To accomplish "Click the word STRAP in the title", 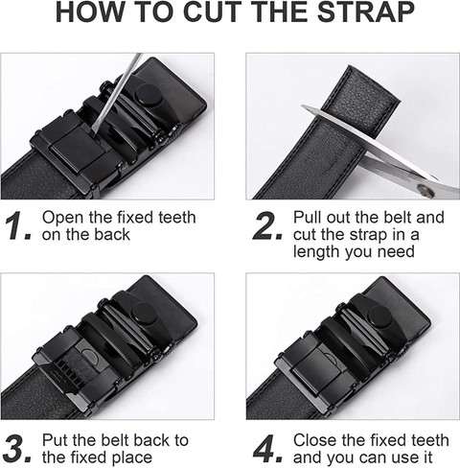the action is tap(366, 12).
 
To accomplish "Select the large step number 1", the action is tap(18, 225).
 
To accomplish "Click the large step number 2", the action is tap(267, 225).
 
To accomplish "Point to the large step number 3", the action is tap(18, 449).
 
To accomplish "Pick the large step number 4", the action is tap(267, 449).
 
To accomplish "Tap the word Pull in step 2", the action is tap(306, 218).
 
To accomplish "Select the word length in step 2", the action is tap(316, 252).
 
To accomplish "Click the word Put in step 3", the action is tap(54, 440).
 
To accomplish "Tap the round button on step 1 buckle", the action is tap(148, 95).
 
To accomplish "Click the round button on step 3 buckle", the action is tap(145, 314).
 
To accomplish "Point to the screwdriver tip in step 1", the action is tap(94, 130).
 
